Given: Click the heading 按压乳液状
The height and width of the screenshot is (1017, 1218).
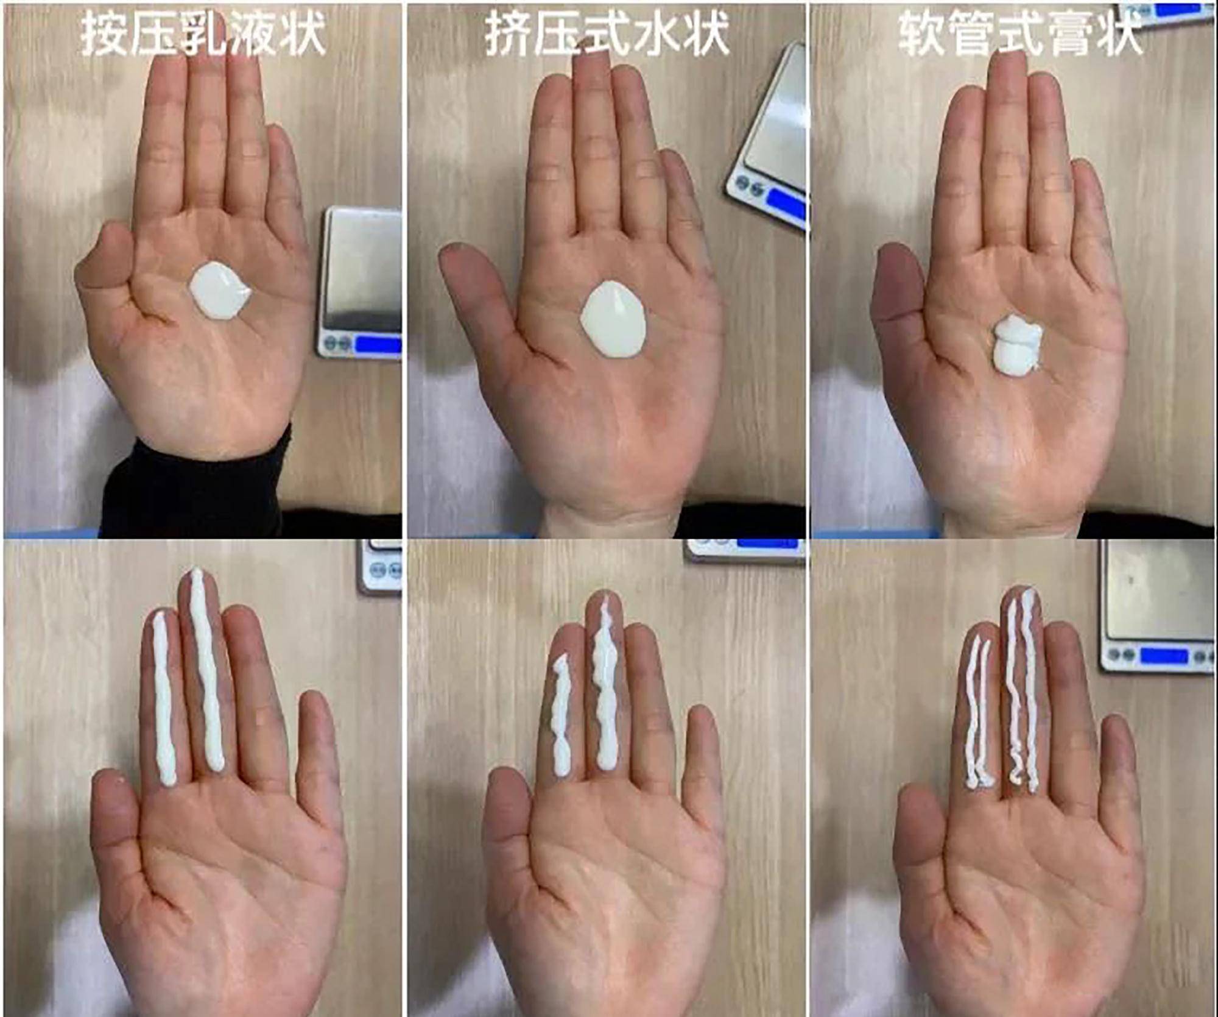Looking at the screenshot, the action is click(203, 34).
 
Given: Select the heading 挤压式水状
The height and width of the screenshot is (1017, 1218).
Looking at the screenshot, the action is click(607, 34).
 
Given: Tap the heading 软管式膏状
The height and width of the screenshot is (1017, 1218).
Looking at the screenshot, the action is click(1020, 34).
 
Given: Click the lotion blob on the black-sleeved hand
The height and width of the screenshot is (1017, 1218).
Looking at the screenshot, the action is click(219, 291).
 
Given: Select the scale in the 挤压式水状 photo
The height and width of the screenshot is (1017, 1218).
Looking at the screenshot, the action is click(767, 137).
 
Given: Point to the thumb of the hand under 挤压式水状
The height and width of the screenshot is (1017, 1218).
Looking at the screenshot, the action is click(481, 286).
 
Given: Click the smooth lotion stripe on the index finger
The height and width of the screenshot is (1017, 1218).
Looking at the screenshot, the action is click(163, 698).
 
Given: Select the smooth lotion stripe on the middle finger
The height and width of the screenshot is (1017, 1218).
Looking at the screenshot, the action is click(206, 669).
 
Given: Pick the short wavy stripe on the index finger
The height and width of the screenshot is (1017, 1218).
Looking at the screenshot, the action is click(561, 716).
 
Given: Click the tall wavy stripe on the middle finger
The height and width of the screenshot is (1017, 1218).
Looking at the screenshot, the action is click(605, 682).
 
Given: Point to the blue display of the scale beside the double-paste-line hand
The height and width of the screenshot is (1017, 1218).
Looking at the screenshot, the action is click(1163, 656).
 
